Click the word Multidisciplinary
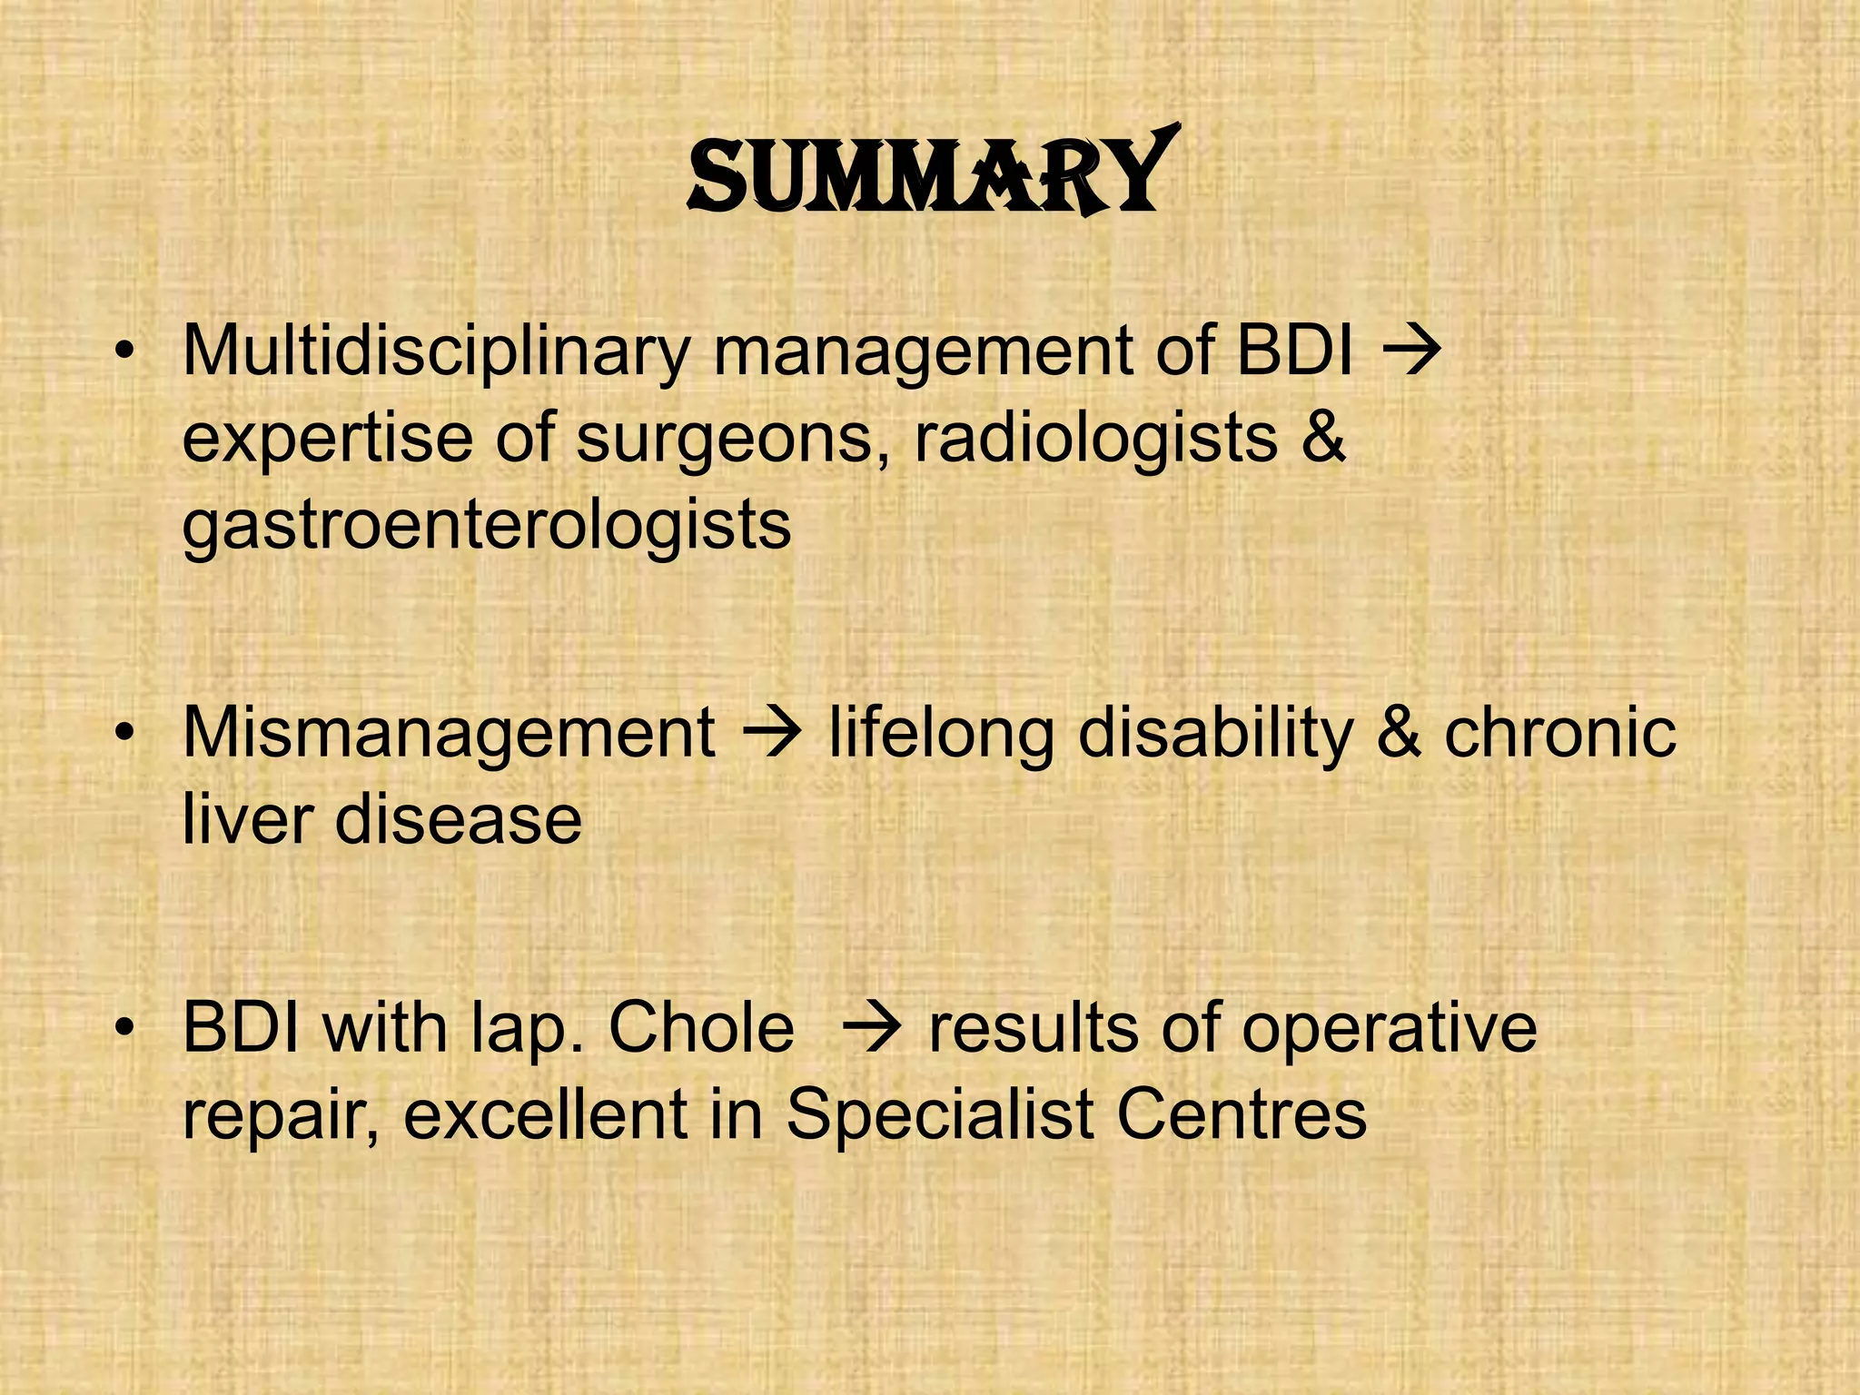coord(437,351)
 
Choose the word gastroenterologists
coord(487,526)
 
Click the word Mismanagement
coord(449,733)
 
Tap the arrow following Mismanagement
coord(773,730)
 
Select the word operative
coord(1389,1028)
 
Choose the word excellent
coord(546,1114)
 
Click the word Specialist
coord(939,1114)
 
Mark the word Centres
coord(1242,1114)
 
